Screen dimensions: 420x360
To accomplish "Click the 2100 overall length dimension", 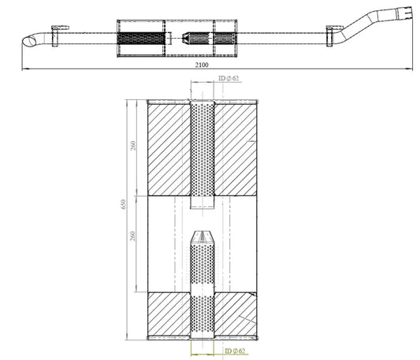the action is pos(202,65).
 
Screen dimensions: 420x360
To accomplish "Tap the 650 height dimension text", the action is pos(123,204).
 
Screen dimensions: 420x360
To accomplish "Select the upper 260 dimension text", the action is pos(133,146).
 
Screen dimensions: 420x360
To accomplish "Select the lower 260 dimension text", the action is pos(132,236).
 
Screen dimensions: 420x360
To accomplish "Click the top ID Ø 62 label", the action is pos(229,78).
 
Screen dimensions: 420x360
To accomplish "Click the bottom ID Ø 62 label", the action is pos(235,351).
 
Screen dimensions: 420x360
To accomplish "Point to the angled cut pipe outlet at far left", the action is pos(30,41).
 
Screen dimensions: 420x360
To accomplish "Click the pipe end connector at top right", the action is pos(405,13).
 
